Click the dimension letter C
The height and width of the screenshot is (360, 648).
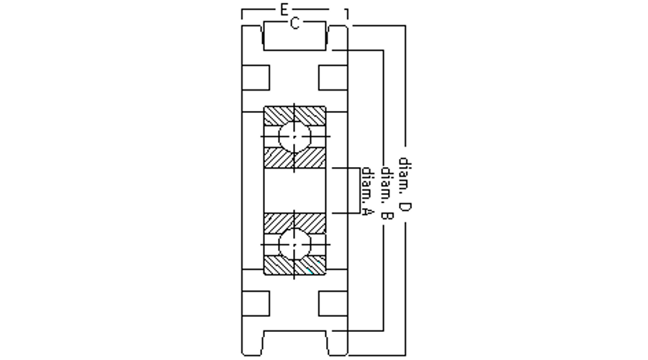click(294, 24)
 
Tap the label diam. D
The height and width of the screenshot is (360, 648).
click(405, 185)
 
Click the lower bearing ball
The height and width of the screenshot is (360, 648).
click(294, 245)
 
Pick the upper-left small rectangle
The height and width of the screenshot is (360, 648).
click(256, 78)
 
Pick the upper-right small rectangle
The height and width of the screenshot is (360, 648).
click(333, 78)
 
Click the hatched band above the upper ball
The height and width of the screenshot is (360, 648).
click(294, 114)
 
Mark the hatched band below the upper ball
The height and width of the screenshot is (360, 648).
click(294, 158)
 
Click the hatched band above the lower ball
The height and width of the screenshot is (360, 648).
click(294, 222)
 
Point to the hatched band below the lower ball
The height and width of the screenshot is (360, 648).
click(294, 266)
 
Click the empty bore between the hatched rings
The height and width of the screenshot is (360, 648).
click(294, 190)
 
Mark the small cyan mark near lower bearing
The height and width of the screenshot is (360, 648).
click(308, 271)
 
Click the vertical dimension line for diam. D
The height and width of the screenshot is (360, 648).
click(405, 86)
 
